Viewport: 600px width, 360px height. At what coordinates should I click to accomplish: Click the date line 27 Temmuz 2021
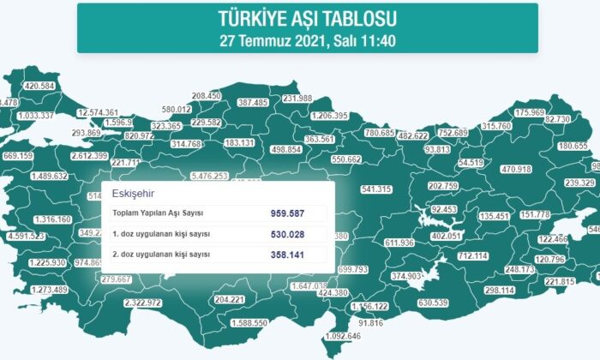(x=307, y=39)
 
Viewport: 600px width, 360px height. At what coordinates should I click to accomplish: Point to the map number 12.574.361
(x=98, y=112)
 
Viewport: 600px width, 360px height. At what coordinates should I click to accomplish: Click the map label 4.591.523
(x=27, y=236)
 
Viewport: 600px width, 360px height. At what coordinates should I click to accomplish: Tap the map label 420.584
(x=40, y=87)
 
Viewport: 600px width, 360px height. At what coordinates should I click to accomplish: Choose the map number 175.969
(x=530, y=112)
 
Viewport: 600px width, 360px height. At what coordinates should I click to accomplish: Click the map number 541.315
(x=376, y=189)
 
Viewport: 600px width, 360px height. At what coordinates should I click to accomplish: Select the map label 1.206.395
(x=329, y=116)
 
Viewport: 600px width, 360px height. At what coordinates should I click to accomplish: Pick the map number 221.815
(x=558, y=281)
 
